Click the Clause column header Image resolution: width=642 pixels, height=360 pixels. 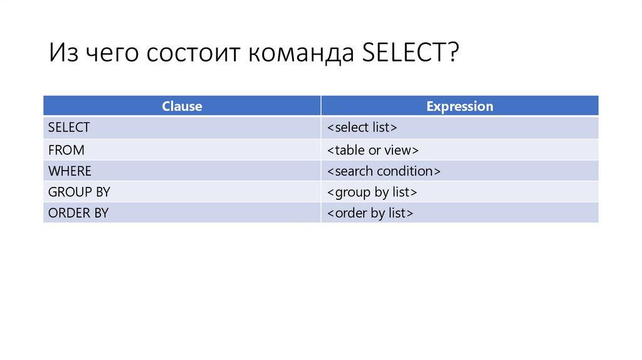182,106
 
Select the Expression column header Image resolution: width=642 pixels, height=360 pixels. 460,106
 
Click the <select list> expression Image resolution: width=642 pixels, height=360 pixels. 362,127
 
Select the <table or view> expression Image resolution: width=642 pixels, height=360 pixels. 373,150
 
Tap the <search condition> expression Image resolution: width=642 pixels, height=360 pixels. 384,171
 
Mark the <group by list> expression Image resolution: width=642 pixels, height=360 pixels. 372,192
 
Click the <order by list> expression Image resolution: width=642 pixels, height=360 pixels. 370,213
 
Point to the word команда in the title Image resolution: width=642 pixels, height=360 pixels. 301,53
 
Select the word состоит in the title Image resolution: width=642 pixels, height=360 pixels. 192,53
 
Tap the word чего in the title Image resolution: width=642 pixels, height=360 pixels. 112,53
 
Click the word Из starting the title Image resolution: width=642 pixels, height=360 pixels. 63,53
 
